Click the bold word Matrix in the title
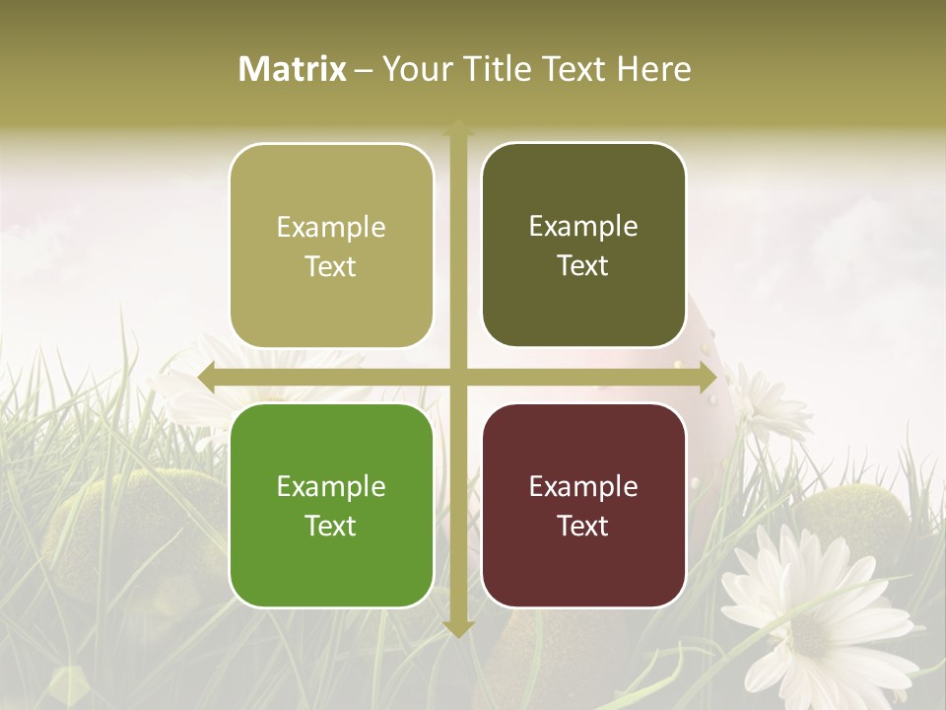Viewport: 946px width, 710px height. [x=293, y=69]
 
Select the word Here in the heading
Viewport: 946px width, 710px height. [x=654, y=69]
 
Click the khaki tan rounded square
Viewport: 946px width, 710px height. [x=331, y=246]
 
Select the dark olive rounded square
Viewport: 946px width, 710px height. [x=583, y=246]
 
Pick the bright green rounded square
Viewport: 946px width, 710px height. [x=331, y=505]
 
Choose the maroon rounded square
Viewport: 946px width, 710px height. [x=583, y=505]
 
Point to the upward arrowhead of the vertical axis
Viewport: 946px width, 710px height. [x=458, y=129]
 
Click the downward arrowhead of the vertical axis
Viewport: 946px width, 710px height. [x=458, y=628]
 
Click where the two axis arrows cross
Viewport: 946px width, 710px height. [x=458, y=378]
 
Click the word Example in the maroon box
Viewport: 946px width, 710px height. [x=583, y=486]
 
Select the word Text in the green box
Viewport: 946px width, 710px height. [x=331, y=526]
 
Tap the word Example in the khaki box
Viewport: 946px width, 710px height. [x=331, y=227]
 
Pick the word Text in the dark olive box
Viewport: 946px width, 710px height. [x=583, y=266]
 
